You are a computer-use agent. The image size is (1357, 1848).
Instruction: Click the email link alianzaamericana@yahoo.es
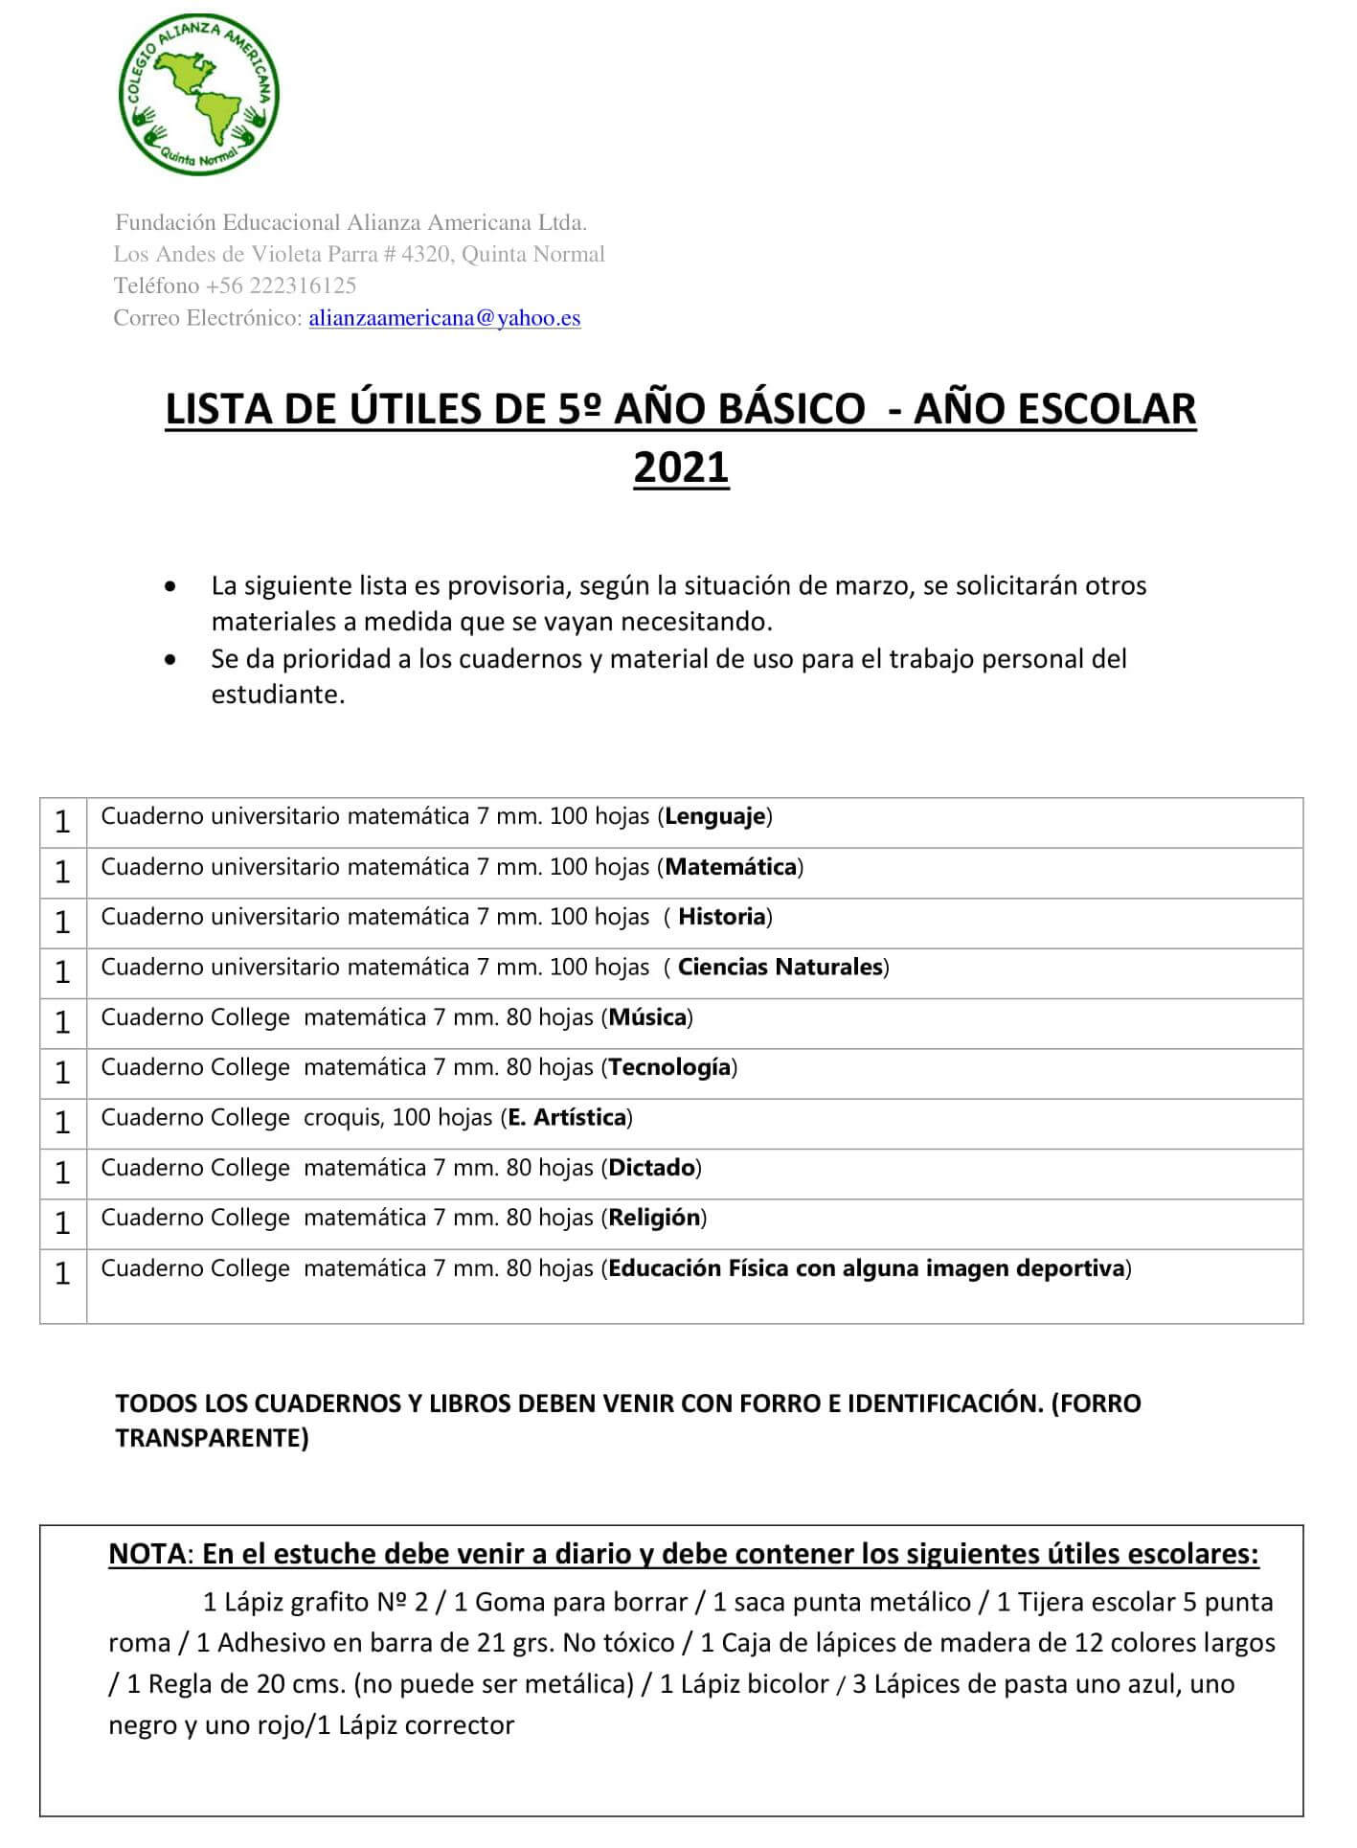pyautogui.click(x=444, y=318)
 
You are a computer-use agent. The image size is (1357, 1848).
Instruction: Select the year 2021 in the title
pyautogui.click(x=681, y=468)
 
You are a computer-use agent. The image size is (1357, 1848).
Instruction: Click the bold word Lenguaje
pyautogui.click(x=715, y=817)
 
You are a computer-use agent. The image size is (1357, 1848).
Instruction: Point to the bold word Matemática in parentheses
pyautogui.click(x=731, y=867)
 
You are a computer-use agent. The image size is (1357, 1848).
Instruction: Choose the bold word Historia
pyautogui.click(x=722, y=917)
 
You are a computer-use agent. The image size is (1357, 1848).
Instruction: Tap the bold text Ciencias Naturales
pyautogui.click(x=780, y=967)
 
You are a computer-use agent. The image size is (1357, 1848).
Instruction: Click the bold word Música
pyautogui.click(x=647, y=1017)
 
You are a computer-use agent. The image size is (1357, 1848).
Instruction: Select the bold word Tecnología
pyautogui.click(x=669, y=1067)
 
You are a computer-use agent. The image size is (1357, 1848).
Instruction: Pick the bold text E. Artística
pyautogui.click(x=567, y=1117)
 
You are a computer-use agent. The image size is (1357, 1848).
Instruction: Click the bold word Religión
pyautogui.click(x=654, y=1218)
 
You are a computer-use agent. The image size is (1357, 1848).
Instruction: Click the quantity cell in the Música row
pyautogui.click(x=63, y=1023)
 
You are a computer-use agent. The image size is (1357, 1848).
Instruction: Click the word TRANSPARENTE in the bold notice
pyautogui.click(x=212, y=1438)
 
